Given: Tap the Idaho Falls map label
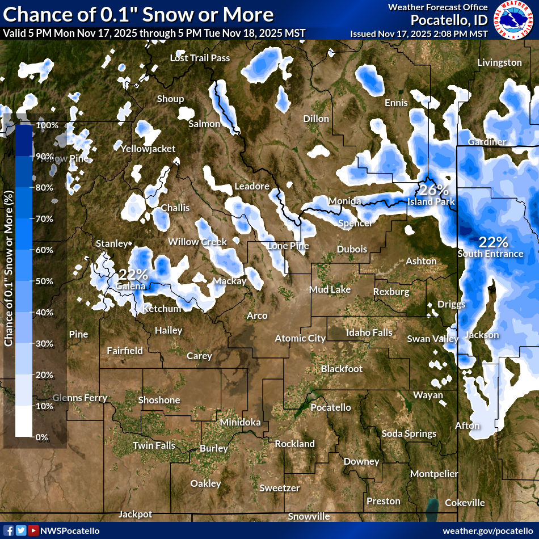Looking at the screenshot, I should click(x=369, y=332).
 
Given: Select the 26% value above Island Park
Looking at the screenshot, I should click(x=434, y=190).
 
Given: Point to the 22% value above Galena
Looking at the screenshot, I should click(x=133, y=274).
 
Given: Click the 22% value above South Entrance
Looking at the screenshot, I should click(x=493, y=242).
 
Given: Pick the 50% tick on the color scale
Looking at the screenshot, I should click(x=44, y=281).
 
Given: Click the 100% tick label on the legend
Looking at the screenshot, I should click(x=47, y=125).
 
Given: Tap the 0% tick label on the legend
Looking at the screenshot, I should click(x=41, y=437).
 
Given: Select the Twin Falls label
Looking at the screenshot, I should click(x=154, y=445).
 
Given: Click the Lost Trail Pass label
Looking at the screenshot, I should click(x=200, y=58).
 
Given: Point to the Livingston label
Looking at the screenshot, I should click(x=499, y=62).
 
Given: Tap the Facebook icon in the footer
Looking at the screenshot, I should click(x=9, y=530).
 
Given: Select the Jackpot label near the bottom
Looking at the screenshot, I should click(x=135, y=514).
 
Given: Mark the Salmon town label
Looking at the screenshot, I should click(x=204, y=124).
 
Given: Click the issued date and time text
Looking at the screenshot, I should click(x=419, y=33).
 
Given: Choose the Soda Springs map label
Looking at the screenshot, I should click(x=409, y=433).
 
